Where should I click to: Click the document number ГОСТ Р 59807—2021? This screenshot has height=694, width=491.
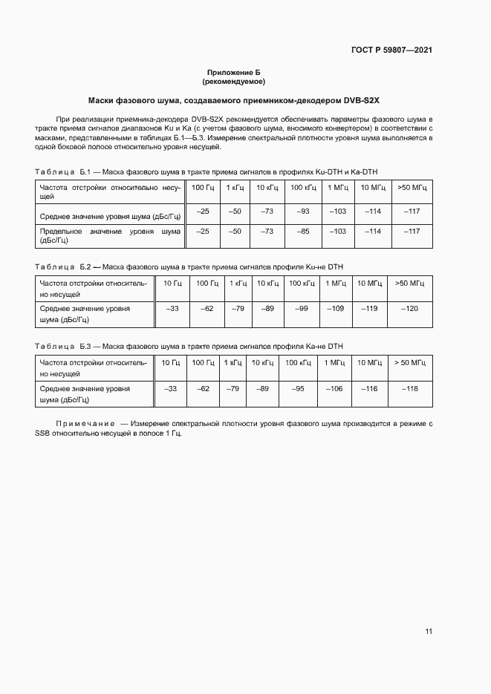click(x=391, y=50)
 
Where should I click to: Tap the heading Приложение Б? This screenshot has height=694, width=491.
click(x=233, y=72)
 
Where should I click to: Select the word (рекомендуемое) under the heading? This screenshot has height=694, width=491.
click(x=233, y=81)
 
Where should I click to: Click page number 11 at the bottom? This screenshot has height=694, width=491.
click(x=429, y=632)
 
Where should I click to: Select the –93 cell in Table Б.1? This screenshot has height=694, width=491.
click(x=302, y=212)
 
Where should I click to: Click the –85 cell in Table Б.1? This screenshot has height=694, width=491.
click(x=302, y=232)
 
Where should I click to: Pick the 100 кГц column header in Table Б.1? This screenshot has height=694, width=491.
click(x=302, y=187)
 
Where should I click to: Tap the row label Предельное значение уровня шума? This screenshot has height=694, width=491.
click(x=110, y=236)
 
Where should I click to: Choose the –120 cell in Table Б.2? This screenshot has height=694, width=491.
click(x=409, y=308)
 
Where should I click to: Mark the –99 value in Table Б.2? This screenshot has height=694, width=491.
click(x=301, y=308)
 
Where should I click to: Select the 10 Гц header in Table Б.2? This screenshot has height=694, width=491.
click(x=172, y=284)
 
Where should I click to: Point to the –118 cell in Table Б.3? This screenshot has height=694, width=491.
click(x=409, y=388)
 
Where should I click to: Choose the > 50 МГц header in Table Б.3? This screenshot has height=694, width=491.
click(x=409, y=362)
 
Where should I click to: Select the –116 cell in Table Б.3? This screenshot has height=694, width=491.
click(x=369, y=388)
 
